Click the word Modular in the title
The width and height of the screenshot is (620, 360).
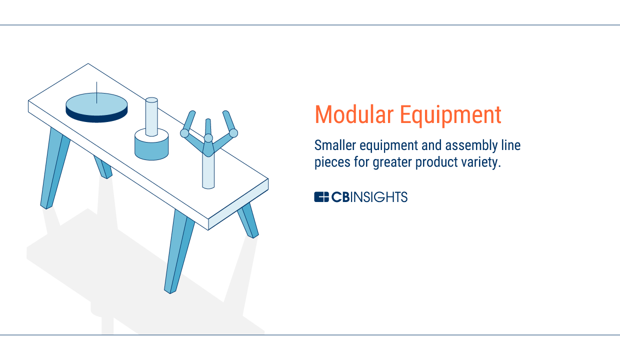(354, 114)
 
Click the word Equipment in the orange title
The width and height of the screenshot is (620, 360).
(450, 115)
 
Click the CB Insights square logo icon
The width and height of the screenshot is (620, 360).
(321, 196)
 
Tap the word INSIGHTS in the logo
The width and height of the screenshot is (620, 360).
(379, 196)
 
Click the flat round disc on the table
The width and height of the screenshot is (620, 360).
(96, 107)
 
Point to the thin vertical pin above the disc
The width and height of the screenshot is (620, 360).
(96, 92)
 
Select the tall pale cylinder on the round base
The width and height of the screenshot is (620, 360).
(151, 117)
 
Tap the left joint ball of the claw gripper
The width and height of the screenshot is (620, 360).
(184, 133)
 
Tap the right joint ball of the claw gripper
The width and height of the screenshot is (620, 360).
(233, 133)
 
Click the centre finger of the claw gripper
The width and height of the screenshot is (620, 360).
(208, 128)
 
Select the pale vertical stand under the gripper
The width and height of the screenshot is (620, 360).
(208, 172)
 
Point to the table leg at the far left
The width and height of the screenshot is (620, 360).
(55, 168)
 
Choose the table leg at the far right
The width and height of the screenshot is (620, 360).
(248, 220)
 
